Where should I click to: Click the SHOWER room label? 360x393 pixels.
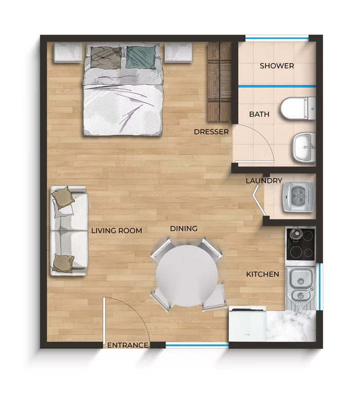pyautogui.click(x=277, y=66)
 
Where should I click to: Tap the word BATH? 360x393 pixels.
pyautogui.click(x=259, y=114)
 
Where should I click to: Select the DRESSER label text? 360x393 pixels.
pyautogui.click(x=211, y=132)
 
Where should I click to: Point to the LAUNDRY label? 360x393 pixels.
pyautogui.click(x=264, y=181)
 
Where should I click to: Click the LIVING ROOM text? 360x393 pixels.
pyautogui.click(x=117, y=230)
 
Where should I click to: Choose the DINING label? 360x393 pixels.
pyautogui.click(x=184, y=229)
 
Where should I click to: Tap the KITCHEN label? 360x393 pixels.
pyautogui.click(x=262, y=274)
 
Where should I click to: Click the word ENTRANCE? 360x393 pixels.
pyautogui.click(x=128, y=345)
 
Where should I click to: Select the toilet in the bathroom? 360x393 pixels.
pyautogui.click(x=298, y=109)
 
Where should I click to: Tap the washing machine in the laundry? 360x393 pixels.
pyautogui.click(x=298, y=196)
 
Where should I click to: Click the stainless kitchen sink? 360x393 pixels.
pyautogui.click(x=300, y=288)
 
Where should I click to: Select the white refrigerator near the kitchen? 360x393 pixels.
pyautogui.click(x=248, y=324)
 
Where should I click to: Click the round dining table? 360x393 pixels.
pyautogui.click(x=187, y=276)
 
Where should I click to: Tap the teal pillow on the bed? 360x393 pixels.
pyautogui.click(x=141, y=57)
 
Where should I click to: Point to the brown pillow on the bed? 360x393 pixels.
pyautogui.click(x=106, y=57)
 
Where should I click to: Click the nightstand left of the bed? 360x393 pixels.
pyautogui.click(x=68, y=52)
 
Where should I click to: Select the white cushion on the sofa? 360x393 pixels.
pyautogui.click(x=63, y=209)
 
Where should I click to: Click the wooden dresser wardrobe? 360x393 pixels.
pyautogui.click(x=219, y=82)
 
